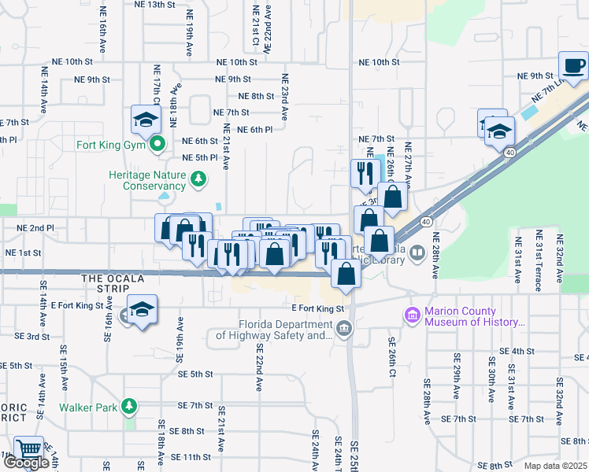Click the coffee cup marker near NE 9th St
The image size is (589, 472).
573,66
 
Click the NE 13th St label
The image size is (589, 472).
154,5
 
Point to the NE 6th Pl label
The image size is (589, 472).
254,130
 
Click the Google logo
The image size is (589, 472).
26,463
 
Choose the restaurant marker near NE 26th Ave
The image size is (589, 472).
365,174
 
